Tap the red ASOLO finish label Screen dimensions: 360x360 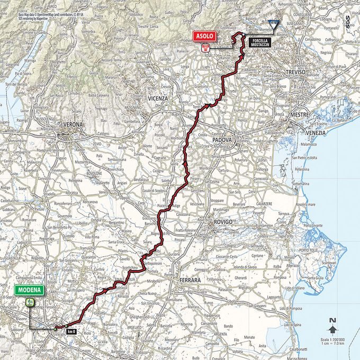pyautogui.click(x=204, y=36)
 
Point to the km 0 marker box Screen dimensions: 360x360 pyautogui.click(x=72, y=331)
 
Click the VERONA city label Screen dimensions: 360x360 pyautogui.click(x=74, y=124)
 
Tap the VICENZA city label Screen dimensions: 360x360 pyautogui.click(x=158, y=98)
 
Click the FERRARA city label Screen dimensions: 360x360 pyautogui.click(x=189, y=278)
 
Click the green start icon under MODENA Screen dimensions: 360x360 pyautogui.click(x=30, y=302)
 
